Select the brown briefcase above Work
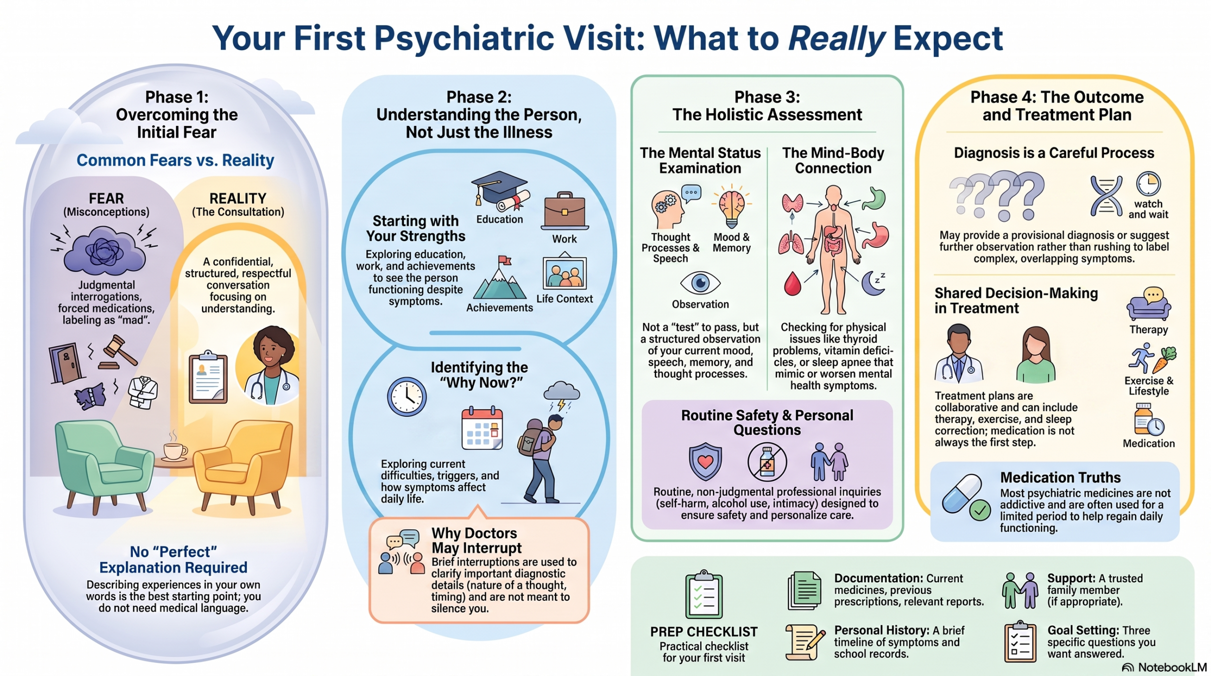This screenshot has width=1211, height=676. coord(565,211)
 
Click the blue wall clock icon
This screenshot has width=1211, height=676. coord(407,396)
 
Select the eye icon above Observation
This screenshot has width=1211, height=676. coord(700,283)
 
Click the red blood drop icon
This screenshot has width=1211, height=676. coord(792,283)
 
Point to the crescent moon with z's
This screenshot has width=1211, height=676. coord(873,283)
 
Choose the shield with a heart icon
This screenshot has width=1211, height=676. coord(705,461)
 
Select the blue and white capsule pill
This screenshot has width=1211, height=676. coord(962,494)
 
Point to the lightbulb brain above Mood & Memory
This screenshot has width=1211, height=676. coord(731,207)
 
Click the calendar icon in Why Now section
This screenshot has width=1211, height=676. coord(482,428)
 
